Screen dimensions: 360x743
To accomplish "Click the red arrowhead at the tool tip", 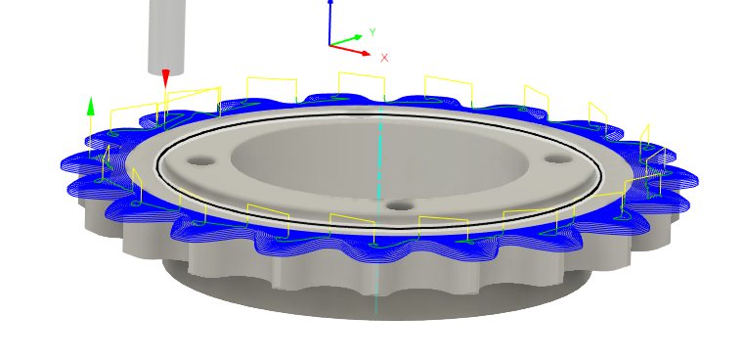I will (x=166, y=78).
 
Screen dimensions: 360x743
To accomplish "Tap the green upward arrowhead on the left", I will (x=91, y=105).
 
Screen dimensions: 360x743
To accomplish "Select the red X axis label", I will (x=384, y=58).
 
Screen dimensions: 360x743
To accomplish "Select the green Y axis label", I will (x=372, y=32).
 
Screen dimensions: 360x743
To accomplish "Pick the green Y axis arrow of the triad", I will (x=351, y=39).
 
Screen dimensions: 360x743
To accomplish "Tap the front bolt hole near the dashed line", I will (x=397, y=206).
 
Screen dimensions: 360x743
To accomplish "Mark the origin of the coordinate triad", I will (x=330, y=45).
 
